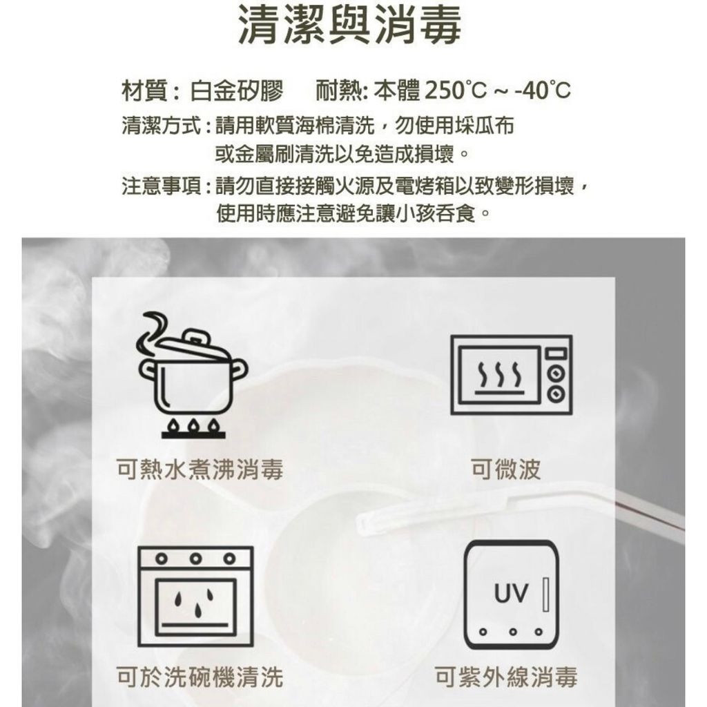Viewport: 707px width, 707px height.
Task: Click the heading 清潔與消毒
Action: pos(350,25)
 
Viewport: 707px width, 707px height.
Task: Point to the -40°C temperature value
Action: pos(543,90)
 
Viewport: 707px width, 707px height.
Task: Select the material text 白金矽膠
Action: pos(237,90)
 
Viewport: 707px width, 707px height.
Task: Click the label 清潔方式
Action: pos(161,126)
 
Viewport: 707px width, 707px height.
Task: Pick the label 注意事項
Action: pos(161,186)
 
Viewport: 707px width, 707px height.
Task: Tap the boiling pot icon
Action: pos(193,375)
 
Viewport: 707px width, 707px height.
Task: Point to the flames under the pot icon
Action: pos(193,425)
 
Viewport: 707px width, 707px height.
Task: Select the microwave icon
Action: pos(512,375)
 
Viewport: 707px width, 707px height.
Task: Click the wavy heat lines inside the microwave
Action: pos(500,376)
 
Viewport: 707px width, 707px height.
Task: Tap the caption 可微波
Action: pos(505,469)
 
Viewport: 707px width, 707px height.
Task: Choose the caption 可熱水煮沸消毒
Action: pos(200,469)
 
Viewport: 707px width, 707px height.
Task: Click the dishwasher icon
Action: pos(195,596)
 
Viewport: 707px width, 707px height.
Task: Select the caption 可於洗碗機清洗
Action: pos(200,677)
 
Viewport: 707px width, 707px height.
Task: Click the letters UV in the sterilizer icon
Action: pos(511,593)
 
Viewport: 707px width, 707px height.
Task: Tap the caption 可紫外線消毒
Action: pos(506,677)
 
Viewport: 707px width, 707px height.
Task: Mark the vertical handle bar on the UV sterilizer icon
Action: pos(545,594)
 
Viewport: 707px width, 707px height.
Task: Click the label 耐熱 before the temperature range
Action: pos(337,90)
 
